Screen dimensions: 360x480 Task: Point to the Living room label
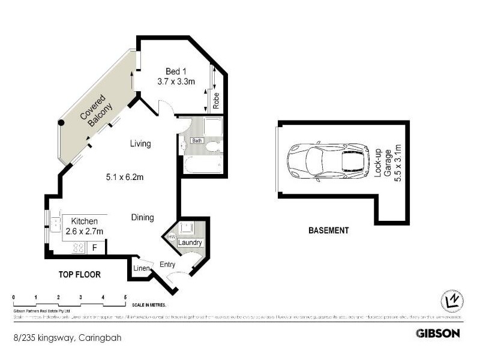(x=140, y=144)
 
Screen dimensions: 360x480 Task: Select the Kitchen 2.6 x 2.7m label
(x=83, y=226)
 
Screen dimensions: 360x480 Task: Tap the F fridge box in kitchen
(x=94, y=247)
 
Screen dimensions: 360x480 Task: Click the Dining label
(x=143, y=218)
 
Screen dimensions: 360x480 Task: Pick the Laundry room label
(x=190, y=243)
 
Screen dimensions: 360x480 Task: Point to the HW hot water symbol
(x=171, y=238)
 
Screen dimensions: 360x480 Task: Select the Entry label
(x=167, y=264)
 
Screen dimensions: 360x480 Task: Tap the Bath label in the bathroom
(x=197, y=140)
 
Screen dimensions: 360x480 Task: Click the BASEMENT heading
(x=328, y=230)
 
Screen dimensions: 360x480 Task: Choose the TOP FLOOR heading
(x=79, y=275)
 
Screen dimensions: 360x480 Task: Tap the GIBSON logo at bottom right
(x=438, y=333)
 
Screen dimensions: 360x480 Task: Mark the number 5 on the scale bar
(x=125, y=298)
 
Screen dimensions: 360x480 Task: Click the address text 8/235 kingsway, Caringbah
(x=67, y=338)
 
